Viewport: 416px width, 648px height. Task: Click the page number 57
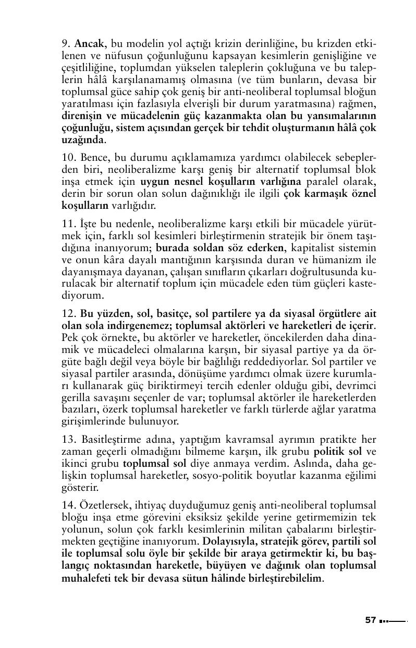370,620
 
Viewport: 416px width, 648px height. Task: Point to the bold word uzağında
83,140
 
